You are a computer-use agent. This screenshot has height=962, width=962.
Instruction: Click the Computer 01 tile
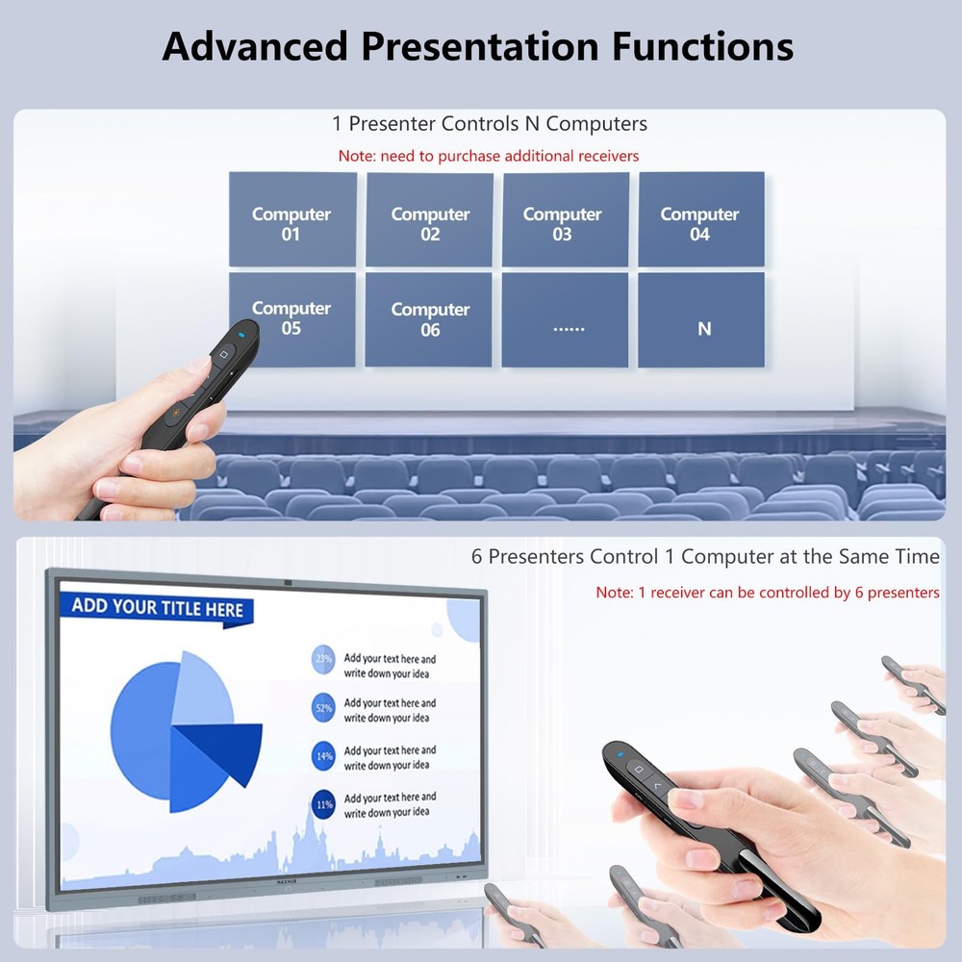pos(292,220)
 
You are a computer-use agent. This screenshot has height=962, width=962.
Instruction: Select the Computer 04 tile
pos(701,220)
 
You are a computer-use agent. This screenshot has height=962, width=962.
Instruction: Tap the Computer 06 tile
pos(429,319)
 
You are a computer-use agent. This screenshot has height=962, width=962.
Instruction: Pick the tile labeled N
pos(702,320)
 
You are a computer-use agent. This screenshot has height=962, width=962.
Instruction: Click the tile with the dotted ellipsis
pos(566,320)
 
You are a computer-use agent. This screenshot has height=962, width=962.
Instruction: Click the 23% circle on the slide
pos(323,660)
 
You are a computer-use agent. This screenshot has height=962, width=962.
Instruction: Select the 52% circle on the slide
pos(323,708)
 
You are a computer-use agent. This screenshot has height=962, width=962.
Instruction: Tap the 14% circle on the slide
pos(323,756)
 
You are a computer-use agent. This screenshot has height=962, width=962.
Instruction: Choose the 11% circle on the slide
pos(323,803)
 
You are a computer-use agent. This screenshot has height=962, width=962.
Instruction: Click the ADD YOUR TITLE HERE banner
pos(157,608)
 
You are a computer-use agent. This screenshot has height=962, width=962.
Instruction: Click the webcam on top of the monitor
pos(288,582)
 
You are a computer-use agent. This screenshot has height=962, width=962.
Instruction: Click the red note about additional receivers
pos(489,156)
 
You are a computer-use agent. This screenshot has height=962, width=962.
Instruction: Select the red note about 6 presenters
pos(768,593)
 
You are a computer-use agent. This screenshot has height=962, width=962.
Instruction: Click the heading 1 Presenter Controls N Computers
pos(490,124)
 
